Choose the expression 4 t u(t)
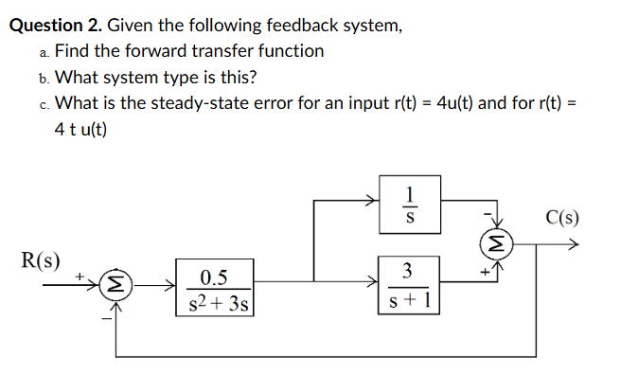point(81,129)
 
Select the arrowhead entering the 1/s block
point(375,200)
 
